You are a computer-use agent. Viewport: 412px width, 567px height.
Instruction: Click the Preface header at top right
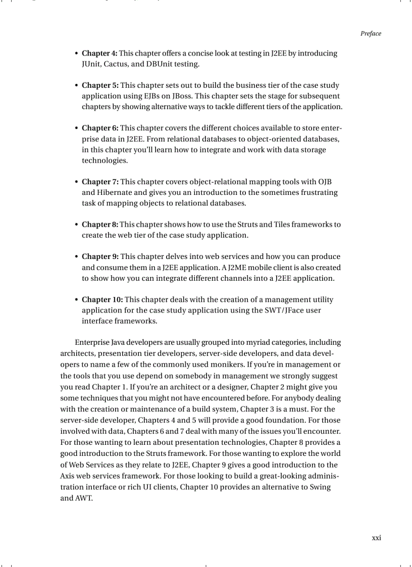(371, 34)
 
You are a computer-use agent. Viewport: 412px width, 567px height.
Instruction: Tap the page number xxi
(376, 538)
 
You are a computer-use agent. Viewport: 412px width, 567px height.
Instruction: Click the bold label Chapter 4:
(99, 54)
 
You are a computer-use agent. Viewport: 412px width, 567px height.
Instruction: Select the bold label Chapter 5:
(100, 86)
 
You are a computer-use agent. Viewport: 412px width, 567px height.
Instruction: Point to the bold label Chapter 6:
(100, 128)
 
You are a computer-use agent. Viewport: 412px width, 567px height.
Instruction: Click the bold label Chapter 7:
(100, 182)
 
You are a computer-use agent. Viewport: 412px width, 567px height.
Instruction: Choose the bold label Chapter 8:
(99, 225)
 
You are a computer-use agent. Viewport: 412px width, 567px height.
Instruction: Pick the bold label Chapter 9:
(100, 257)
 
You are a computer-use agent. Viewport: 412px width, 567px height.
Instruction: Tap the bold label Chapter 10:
(102, 300)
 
